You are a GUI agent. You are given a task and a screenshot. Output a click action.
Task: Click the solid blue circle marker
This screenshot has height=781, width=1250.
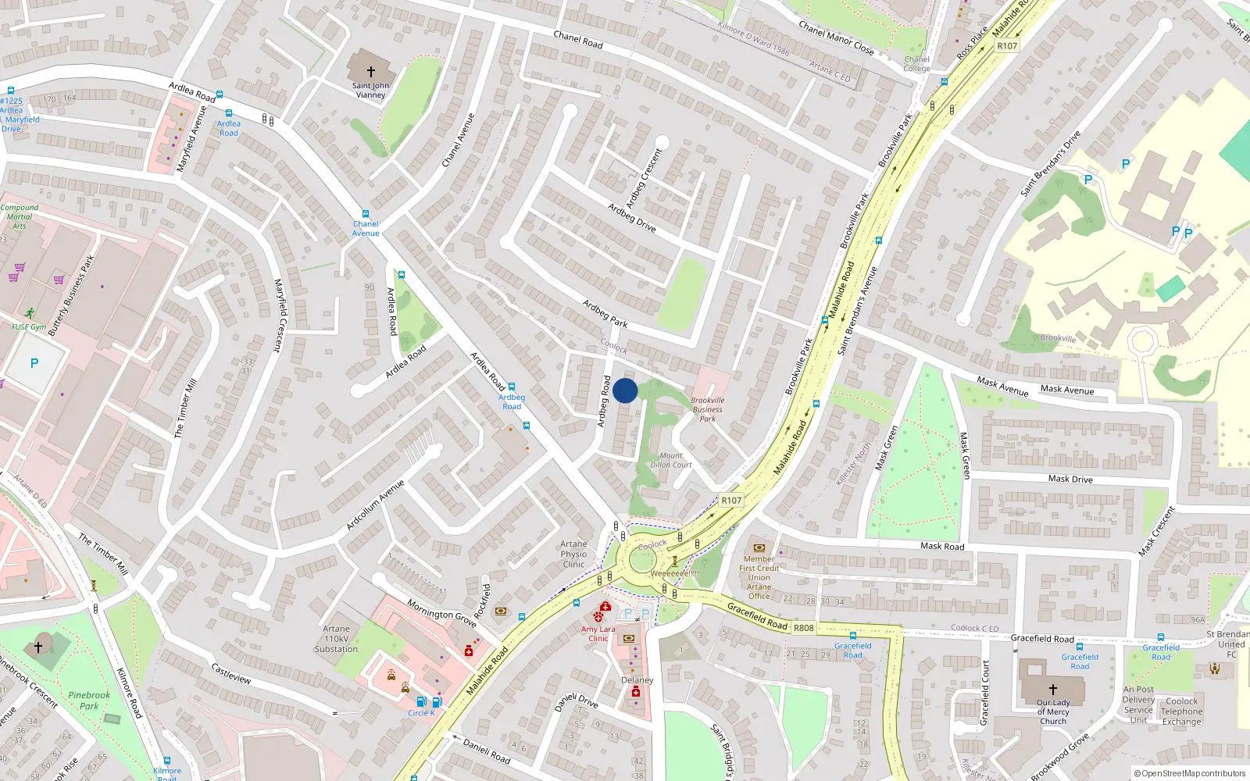coord(625,390)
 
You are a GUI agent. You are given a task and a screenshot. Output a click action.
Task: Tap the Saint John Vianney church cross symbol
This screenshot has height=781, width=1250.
coord(371,71)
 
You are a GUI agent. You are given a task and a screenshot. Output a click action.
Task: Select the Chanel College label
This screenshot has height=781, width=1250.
coord(916,64)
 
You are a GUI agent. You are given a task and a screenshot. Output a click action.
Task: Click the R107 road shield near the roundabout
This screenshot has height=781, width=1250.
coord(731,501)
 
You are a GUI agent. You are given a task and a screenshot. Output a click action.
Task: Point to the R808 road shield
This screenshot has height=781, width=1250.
coord(803,628)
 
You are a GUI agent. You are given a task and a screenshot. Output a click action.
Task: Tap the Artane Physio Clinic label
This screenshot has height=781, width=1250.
coord(573,554)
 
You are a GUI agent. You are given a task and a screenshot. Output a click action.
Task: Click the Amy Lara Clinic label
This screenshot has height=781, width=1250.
coord(598,633)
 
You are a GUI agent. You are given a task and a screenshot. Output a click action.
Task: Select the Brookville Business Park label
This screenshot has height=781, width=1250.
coord(707,409)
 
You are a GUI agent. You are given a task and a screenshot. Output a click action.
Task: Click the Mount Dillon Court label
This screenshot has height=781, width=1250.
coord(670,460)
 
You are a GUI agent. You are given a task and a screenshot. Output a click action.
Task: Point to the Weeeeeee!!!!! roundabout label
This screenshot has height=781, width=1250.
coord(674,573)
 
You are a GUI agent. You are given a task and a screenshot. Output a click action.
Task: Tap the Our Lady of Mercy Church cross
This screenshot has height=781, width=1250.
coord(1052,690)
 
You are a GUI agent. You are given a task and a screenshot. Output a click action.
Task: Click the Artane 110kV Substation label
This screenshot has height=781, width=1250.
coord(336,639)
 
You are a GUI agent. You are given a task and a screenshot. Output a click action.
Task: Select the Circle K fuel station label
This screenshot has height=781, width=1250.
coord(421,713)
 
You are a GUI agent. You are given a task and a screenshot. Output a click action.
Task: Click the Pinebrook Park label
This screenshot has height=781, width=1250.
coord(89,701)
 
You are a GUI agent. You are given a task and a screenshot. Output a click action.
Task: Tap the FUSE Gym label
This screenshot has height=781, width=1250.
coord(29,327)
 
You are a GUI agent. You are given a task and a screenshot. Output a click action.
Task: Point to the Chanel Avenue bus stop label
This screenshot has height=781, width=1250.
coord(366,228)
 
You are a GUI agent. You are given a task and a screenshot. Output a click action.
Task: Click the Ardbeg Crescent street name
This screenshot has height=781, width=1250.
coord(643,177)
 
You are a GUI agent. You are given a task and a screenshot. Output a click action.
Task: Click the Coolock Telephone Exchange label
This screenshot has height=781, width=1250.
coord(1181,711)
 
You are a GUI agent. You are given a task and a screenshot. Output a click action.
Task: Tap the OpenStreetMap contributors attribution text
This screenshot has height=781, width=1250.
coord(1189,774)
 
